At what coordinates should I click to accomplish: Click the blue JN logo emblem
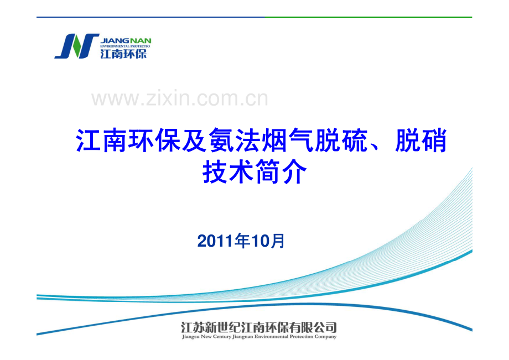76,46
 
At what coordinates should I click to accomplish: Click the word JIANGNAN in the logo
126,41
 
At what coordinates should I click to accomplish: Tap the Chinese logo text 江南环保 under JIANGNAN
123,54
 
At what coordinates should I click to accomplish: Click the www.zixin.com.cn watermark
180,98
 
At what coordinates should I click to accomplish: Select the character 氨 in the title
221,140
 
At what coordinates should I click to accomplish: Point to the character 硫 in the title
355,140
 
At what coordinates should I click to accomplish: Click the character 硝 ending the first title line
434,140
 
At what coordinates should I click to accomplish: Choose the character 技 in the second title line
215,171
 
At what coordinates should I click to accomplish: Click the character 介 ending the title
294,171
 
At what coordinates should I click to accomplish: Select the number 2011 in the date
215,241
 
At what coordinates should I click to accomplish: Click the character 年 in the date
242,241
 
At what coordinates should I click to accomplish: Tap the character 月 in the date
277,241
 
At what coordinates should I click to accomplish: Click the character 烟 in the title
274,140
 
